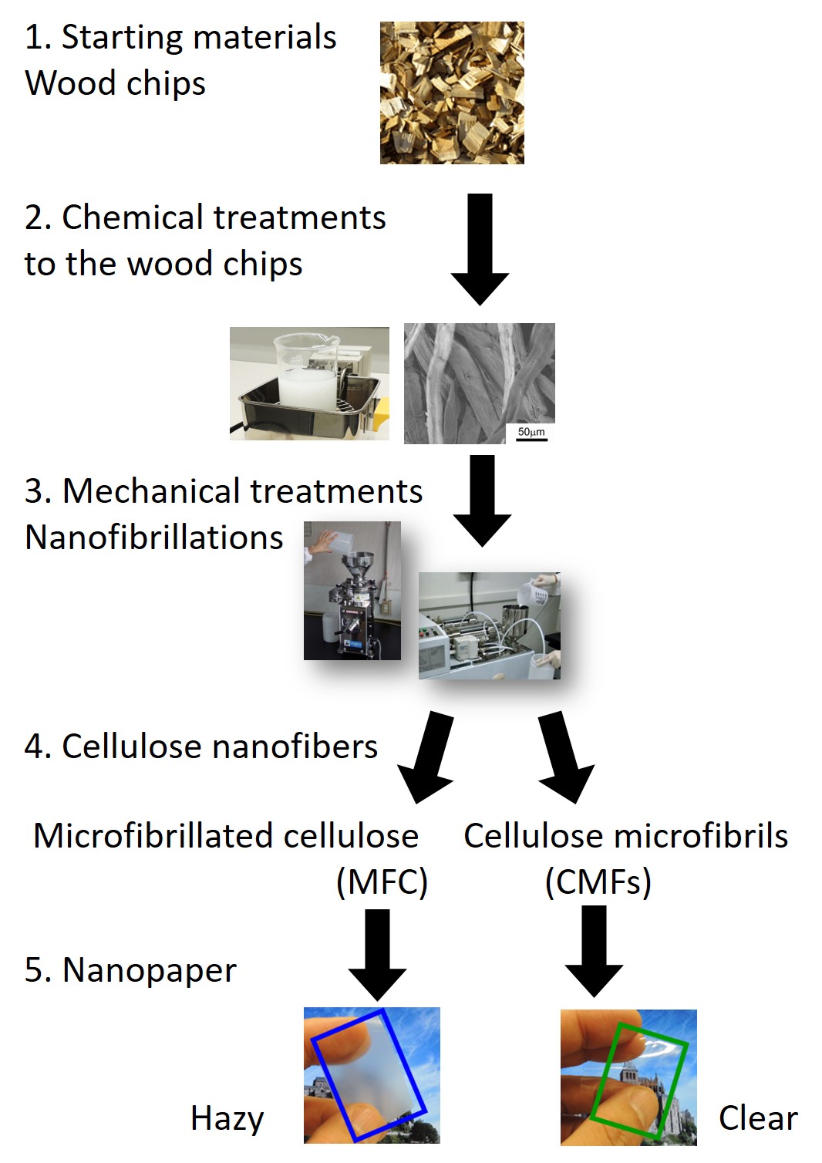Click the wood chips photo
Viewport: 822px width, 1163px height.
pos(452,93)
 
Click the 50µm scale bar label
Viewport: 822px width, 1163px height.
pos(531,432)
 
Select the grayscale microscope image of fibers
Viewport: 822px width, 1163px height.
pos(480,384)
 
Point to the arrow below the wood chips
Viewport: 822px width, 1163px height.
pos(480,249)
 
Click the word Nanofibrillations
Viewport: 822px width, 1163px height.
pos(153,537)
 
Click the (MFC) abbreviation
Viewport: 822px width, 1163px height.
pos(382,882)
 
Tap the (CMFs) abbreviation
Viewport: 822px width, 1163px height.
pos(598,882)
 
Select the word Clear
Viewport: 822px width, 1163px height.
pos(758,1117)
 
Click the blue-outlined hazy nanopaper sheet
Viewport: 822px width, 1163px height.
pos(369,1075)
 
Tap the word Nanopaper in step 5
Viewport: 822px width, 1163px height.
pos(150,971)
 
